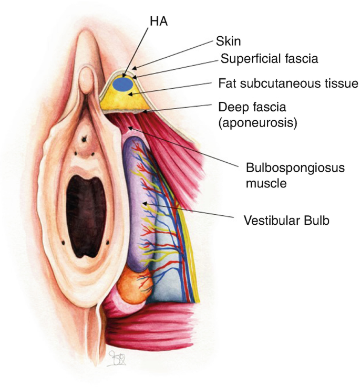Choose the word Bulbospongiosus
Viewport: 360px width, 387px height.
tap(287, 169)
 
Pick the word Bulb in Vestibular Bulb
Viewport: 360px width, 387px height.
tap(317, 221)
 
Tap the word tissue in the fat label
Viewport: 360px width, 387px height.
tap(340, 83)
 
